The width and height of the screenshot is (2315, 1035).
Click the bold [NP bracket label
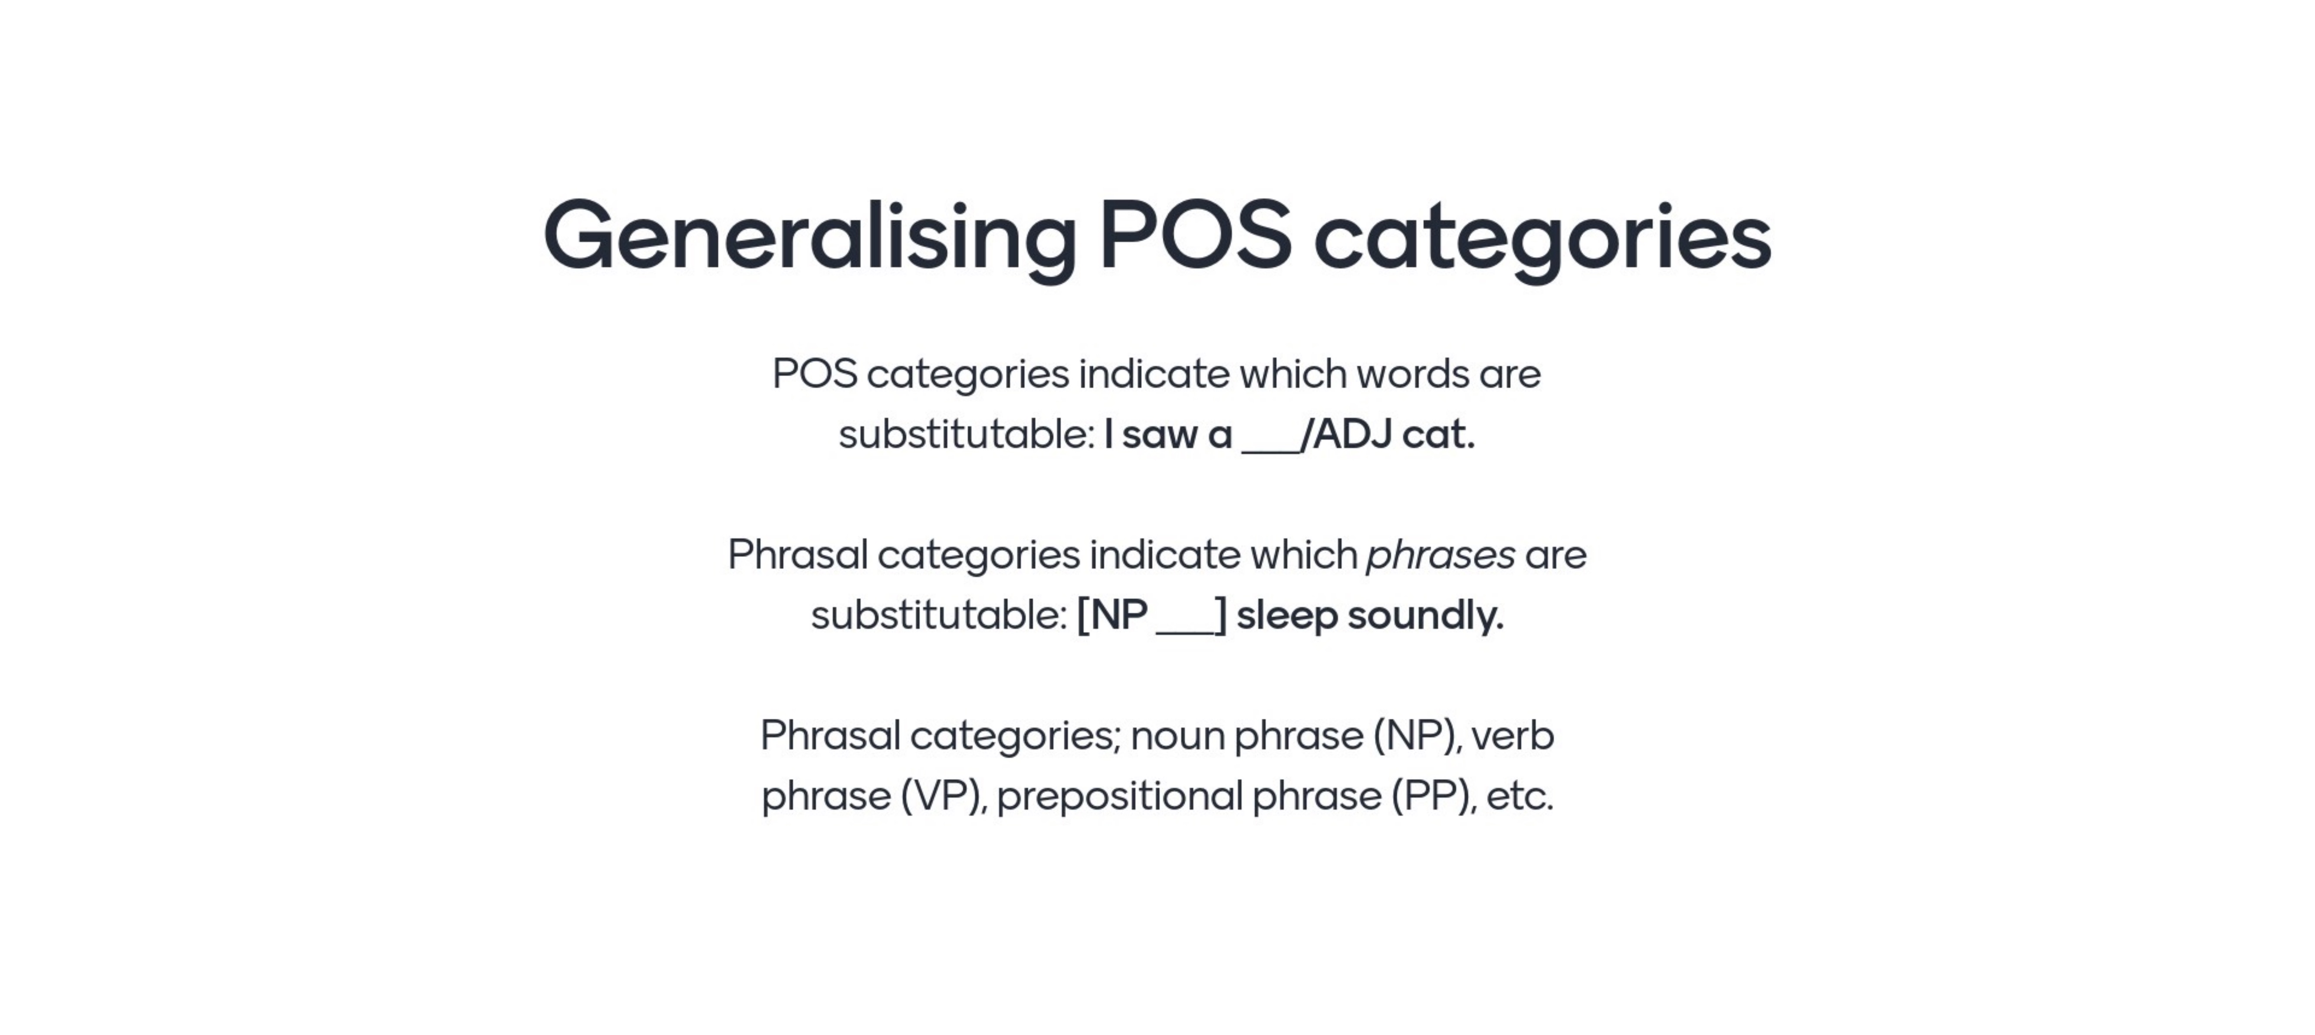(1111, 616)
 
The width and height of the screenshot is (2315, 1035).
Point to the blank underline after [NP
(1185, 632)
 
